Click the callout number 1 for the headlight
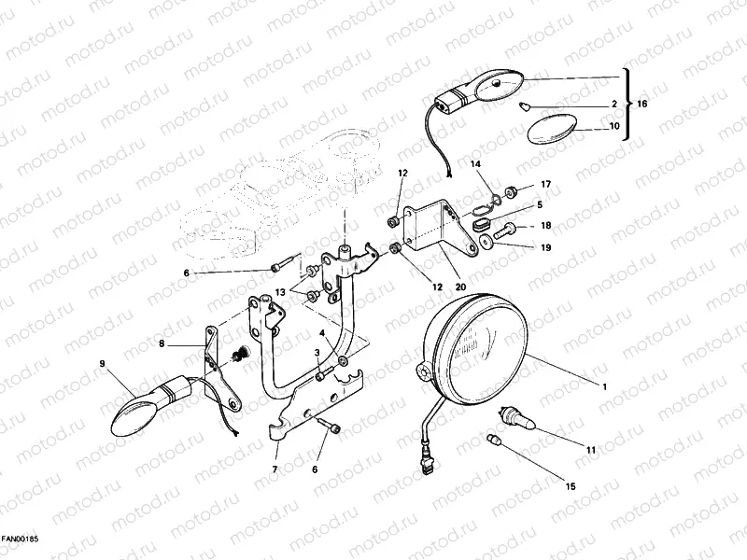[x=605, y=387]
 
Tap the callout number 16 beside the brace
[x=642, y=104]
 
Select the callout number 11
[x=591, y=450]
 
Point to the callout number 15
[x=571, y=486]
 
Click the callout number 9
[x=102, y=364]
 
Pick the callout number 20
[x=460, y=287]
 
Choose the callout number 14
[x=475, y=164]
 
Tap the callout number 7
[x=275, y=469]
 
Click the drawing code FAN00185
[x=20, y=539]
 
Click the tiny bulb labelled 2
[x=525, y=105]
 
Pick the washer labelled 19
[x=486, y=242]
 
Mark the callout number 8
[x=162, y=343]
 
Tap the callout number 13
[x=280, y=292]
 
